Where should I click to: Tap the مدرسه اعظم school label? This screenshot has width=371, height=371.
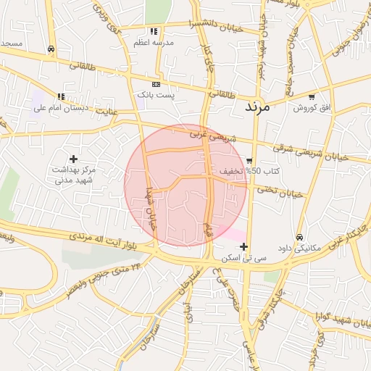click(x=153, y=43)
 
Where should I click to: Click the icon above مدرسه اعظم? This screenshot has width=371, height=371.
click(x=153, y=32)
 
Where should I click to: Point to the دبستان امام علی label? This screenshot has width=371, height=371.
click(x=61, y=109)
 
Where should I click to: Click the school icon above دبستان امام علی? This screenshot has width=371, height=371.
click(x=61, y=96)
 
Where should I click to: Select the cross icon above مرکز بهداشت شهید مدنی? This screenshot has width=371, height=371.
click(x=73, y=158)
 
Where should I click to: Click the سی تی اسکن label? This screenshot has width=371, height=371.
click(x=243, y=258)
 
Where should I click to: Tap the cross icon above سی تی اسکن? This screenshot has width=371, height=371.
click(x=243, y=247)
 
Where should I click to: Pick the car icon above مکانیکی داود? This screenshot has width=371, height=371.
click(x=299, y=237)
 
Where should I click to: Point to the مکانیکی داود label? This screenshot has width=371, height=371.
click(x=299, y=249)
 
